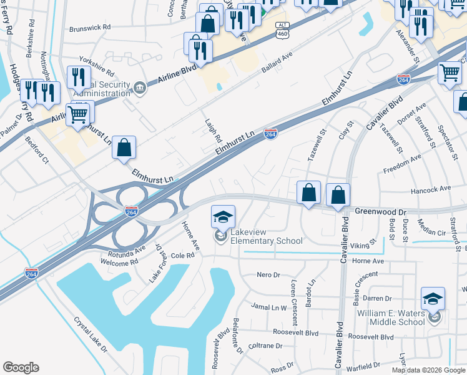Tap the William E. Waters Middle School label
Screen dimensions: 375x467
click(390, 317)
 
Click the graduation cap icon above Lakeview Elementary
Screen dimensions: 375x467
click(223, 217)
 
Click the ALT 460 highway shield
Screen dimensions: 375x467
click(282, 29)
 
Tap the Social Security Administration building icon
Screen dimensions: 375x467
click(139, 88)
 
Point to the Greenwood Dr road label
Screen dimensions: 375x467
click(380, 211)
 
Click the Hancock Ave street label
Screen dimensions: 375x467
click(431, 188)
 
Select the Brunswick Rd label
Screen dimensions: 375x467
click(89, 28)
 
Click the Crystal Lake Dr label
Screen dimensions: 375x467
click(91, 335)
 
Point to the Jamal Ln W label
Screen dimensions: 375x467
click(269, 307)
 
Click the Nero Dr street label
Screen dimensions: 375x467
click(269, 275)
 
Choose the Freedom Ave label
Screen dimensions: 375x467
click(402, 166)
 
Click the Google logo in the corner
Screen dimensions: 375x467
click(21, 367)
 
